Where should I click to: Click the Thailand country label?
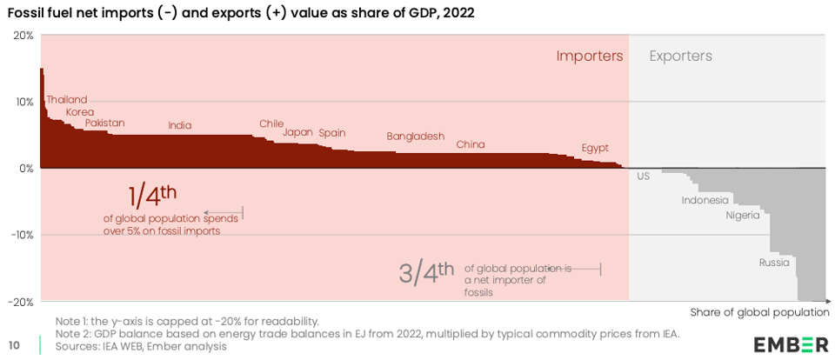click(66, 100)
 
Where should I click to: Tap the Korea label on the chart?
click(79, 112)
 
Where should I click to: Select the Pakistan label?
click(104, 123)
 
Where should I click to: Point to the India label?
click(180, 126)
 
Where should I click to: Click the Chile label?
click(271, 123)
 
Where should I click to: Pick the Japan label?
click(297, 133)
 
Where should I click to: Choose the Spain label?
click(331, 133)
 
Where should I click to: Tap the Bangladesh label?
click(415, 137)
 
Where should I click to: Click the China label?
click(471, 144)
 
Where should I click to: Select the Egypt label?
click(595, 148)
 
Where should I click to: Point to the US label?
click(644, 177)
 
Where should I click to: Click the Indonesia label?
click(705, 200)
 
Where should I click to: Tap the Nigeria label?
click(743, 215)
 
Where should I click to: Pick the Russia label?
click(774, 262)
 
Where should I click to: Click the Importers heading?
click(590, 56)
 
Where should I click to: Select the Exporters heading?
click(680, 56)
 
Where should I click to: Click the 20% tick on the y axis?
click(23, 36)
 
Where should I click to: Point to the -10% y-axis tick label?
click(22, 235)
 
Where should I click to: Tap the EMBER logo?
click(791, 343)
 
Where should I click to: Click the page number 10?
click(15, 345)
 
